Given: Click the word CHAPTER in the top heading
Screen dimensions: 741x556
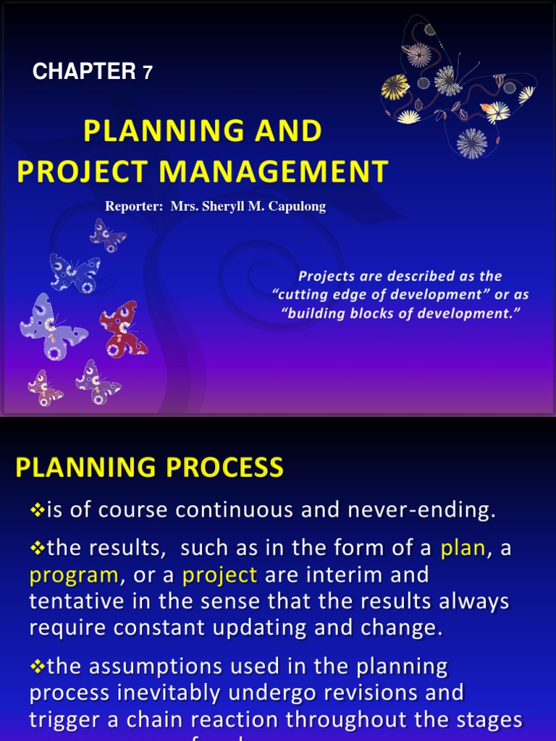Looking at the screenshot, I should (x=84, y=72).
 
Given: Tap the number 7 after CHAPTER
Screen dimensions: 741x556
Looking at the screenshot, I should (x=148, y=72).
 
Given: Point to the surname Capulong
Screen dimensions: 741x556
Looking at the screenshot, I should (x=298, y=207).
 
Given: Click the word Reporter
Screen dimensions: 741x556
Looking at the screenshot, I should (x=133, y=207).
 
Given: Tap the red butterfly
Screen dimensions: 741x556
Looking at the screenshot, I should (x=122, y=329).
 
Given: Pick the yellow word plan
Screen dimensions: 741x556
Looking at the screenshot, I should (x=463, y=548).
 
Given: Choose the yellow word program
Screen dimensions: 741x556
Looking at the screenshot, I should (x=74, y=575).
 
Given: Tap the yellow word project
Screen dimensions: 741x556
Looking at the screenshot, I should (x=220, y=575).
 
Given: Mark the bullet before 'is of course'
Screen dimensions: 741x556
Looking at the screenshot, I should (x=38, y=510).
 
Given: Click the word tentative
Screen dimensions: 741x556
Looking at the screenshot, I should (x=77, y=601).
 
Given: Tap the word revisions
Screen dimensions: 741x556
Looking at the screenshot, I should (x=384, y=693).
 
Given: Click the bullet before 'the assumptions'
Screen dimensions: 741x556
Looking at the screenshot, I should (x=38, y=666).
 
